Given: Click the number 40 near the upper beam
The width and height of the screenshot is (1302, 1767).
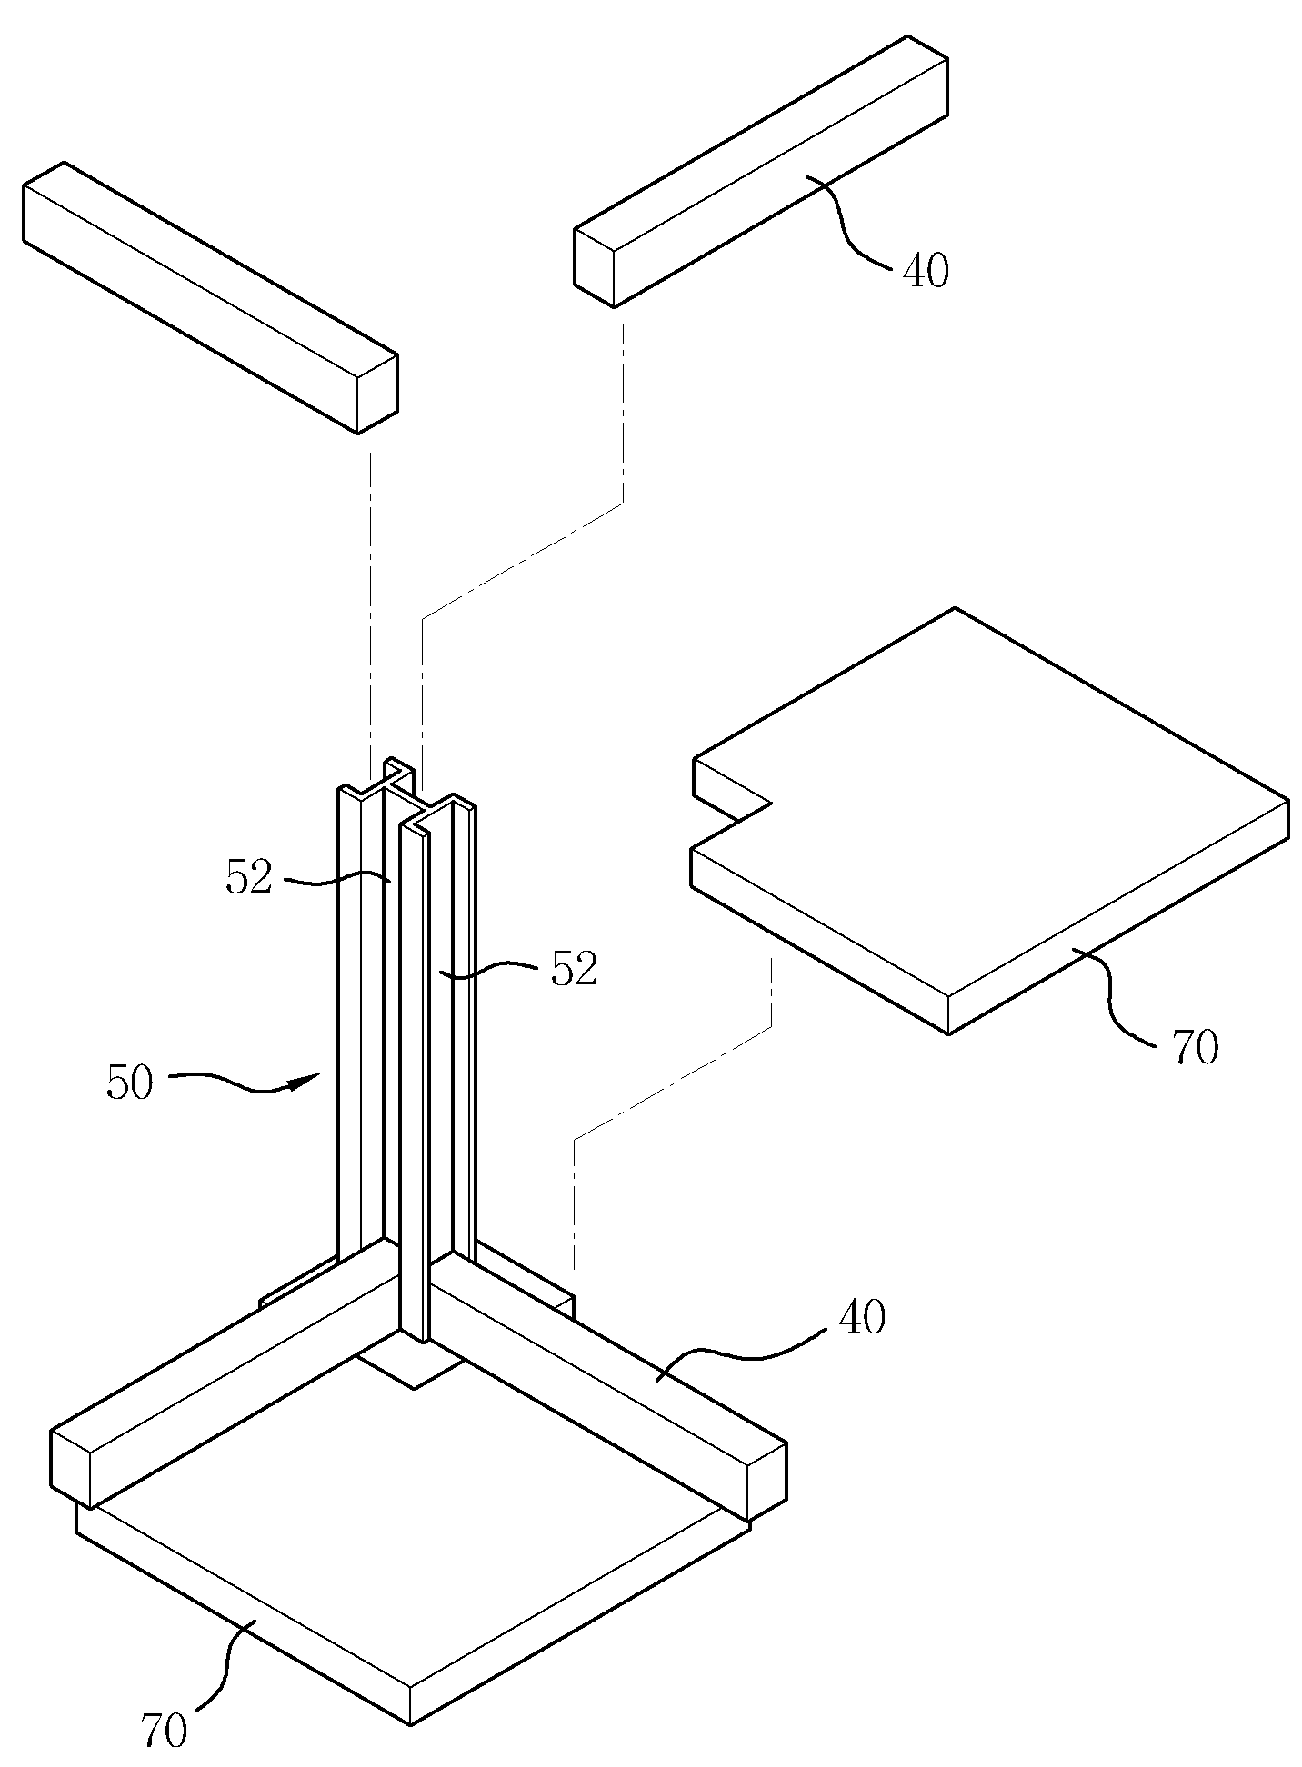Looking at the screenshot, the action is [926, 270].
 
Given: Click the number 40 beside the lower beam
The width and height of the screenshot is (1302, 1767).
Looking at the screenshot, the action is [861, 1317].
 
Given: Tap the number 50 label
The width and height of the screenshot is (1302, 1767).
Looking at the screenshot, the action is [129, 1083].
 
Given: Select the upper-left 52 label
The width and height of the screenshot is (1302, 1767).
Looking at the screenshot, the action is [249, 878].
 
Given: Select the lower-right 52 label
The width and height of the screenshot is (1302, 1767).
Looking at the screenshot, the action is [574, 970].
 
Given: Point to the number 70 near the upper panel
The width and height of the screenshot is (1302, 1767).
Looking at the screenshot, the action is [1196, 1048].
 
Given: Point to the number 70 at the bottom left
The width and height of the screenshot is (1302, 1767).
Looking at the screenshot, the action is [165, 1731].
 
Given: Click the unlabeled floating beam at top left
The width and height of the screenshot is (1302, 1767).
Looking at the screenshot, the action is [210, 297].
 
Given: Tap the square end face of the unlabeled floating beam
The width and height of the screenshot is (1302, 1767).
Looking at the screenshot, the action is [377, 394].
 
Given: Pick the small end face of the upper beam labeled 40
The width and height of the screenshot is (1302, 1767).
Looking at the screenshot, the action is [595, 268].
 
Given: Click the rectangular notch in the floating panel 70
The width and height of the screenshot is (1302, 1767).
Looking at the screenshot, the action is [732, 804].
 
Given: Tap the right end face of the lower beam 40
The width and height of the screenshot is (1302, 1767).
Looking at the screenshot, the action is [766, 1482].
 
